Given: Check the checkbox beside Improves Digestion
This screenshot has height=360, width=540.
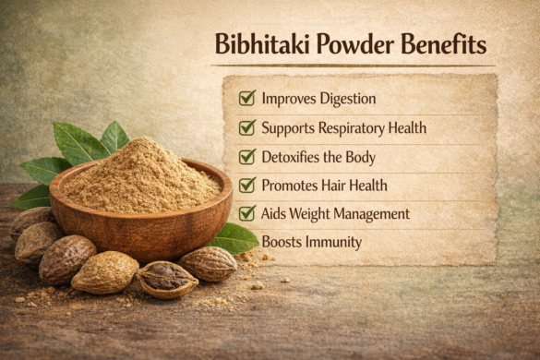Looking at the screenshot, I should point(246,98).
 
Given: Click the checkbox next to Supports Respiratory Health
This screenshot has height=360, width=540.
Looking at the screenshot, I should point(246,127).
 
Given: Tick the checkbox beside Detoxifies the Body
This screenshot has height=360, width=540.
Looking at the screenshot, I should point(246,156).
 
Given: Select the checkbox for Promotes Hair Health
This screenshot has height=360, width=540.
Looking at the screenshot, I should point(246,185).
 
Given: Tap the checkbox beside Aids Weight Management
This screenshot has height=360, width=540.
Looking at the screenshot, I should point(246,213).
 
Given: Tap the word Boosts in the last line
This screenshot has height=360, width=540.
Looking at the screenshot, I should point(282,242).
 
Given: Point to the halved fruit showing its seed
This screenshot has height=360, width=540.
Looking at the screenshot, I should point(167,279).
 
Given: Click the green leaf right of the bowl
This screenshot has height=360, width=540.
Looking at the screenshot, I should point(234,238).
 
